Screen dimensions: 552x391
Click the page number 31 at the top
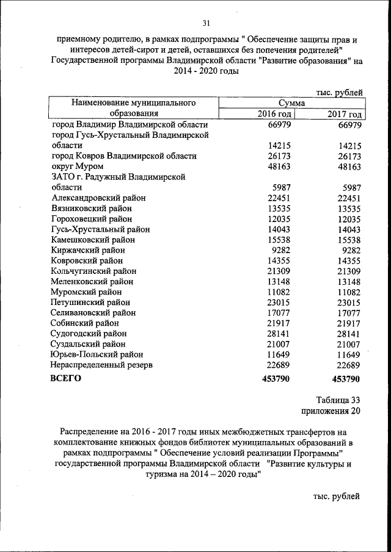[x=205, y=23]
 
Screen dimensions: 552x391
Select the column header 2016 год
[x=275, y=114]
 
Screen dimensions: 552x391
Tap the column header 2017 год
[x=345, y=114]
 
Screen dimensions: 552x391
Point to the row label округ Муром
[x=78, y=167]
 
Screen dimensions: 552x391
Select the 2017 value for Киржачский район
[x=351, y=250]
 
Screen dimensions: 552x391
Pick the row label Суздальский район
[x=89, y=344]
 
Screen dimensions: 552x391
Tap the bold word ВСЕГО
[x=67, y=379]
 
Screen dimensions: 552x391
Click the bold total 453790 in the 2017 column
[x=346, y=379]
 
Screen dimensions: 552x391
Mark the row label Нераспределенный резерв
[x=102, y=365]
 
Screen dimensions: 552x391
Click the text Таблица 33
[x=337, y=400]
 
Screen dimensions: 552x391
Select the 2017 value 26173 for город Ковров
[x=350, y=156]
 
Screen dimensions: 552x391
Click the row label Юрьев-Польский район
[x=98, y=354]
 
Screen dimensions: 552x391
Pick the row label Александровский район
[x=99, y=198]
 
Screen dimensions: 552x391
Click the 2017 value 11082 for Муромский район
[x=350, y=292]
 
